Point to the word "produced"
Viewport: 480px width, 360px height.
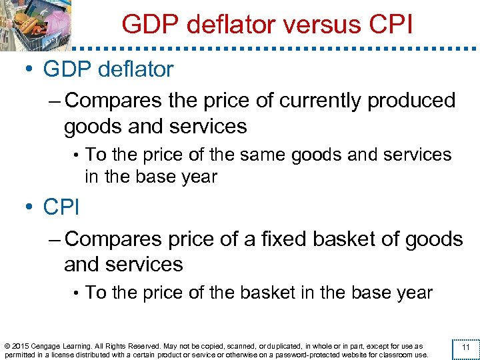[402, 101]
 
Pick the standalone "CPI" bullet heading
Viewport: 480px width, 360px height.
[61, 207]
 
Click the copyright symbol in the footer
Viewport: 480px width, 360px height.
[7, 346]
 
